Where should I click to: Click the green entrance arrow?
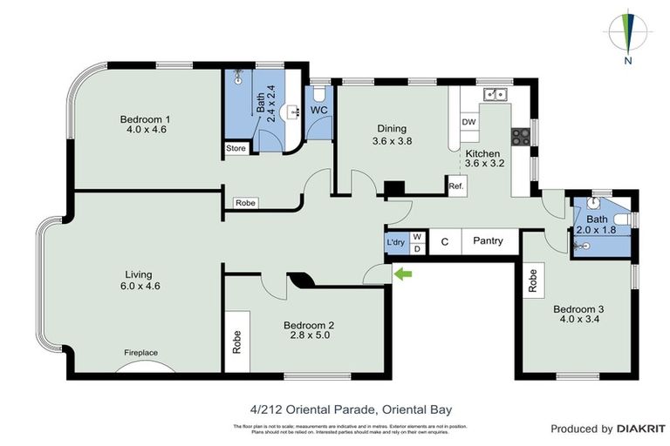[x=403, y=275]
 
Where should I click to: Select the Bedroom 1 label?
[x=145, y=119]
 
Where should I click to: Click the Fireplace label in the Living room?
[x=140, y=352]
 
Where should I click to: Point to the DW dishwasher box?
[x=468, y=122]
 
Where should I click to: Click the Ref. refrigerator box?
[x=455, y=186]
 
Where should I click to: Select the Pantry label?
[x=488, y=240]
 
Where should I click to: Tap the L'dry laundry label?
[x=395, y=243]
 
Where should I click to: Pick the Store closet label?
[x=236, y=149]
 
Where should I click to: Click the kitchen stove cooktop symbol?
[x=521, y=135]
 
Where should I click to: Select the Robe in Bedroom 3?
[x=532, y=280]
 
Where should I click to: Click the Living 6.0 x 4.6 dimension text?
[x=140, y=285]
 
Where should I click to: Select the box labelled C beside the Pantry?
[x=443, y=241]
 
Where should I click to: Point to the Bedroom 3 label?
[x=578, y=308]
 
